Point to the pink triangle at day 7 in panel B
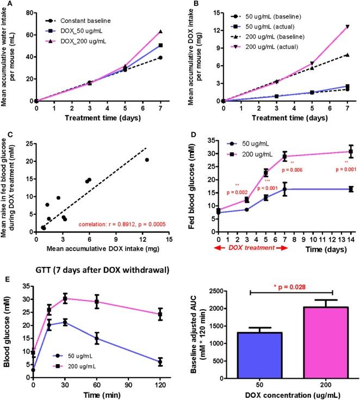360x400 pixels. click(x=346, y=26)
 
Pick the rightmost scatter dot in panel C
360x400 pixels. click(x=147, y=160)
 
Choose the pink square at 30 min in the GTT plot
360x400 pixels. click(x=65, y=298)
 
